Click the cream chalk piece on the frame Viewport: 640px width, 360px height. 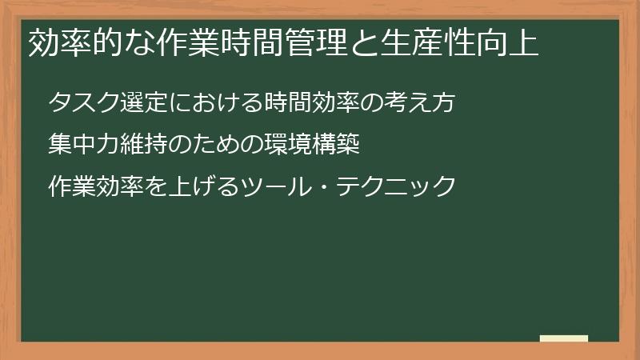(x=564, y=338)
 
